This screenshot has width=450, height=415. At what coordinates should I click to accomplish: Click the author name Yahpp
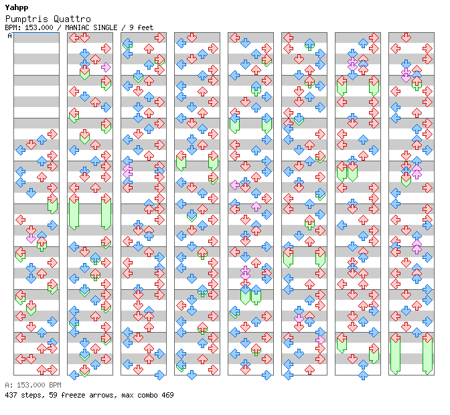17,7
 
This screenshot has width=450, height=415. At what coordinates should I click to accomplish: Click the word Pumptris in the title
27,19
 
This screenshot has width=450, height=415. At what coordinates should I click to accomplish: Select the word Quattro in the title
72,19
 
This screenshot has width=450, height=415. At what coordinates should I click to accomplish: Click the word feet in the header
145,27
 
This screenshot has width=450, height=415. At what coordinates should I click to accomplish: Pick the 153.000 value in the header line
39,27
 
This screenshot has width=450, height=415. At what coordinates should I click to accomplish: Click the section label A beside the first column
10,35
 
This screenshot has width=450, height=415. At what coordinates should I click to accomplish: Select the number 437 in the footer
11,395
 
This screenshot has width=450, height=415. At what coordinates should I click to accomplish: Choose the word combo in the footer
147,395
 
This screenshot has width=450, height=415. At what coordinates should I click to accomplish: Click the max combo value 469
167,395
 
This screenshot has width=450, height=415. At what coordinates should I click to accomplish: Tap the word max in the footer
127,395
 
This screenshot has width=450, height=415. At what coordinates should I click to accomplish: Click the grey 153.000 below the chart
31,385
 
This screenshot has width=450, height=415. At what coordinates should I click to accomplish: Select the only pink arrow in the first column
31,238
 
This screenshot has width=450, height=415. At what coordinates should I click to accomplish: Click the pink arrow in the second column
106,67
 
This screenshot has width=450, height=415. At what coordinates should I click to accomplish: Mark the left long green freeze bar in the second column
74,214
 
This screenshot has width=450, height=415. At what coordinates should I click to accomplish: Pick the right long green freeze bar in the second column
106,214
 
